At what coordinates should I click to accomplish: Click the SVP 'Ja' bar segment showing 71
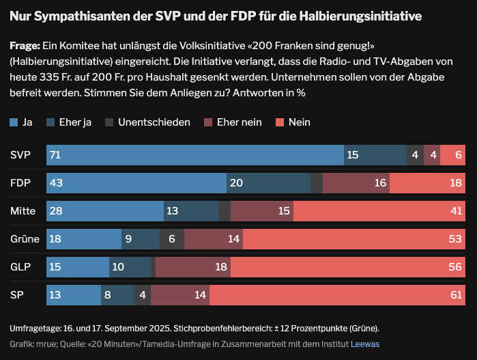[194, 155]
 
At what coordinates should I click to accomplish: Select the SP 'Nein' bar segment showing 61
[337, 295]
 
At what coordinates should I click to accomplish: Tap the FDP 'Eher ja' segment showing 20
[268, 183]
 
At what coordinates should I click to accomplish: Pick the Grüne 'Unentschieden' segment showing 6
[172, 239]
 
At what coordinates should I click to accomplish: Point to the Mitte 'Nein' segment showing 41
[377, 211]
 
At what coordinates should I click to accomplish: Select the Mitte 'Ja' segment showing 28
[105, 211]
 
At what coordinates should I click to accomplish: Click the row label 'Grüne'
[24, 239]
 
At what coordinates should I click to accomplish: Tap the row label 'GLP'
[20, 267]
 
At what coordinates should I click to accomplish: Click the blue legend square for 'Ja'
[14, 122]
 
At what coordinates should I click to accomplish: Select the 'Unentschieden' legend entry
[154, 122]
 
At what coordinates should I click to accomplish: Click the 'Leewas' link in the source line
[365, 344]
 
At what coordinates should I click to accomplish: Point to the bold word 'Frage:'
[25, 46]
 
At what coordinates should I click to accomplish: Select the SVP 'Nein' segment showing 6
[452, 155]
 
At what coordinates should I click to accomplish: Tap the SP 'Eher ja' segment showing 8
[117, 295]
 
